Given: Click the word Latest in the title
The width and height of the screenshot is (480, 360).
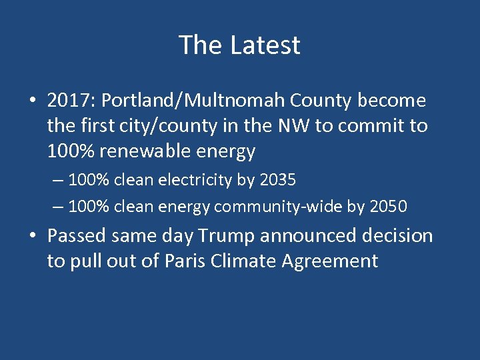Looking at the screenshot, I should click(265, 45).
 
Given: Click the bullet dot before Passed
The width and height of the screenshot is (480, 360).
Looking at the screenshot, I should click(33, 236).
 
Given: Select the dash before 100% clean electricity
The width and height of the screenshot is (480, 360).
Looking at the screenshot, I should click(57, 181).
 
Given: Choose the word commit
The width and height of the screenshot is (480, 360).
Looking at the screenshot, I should click(369, 126).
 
